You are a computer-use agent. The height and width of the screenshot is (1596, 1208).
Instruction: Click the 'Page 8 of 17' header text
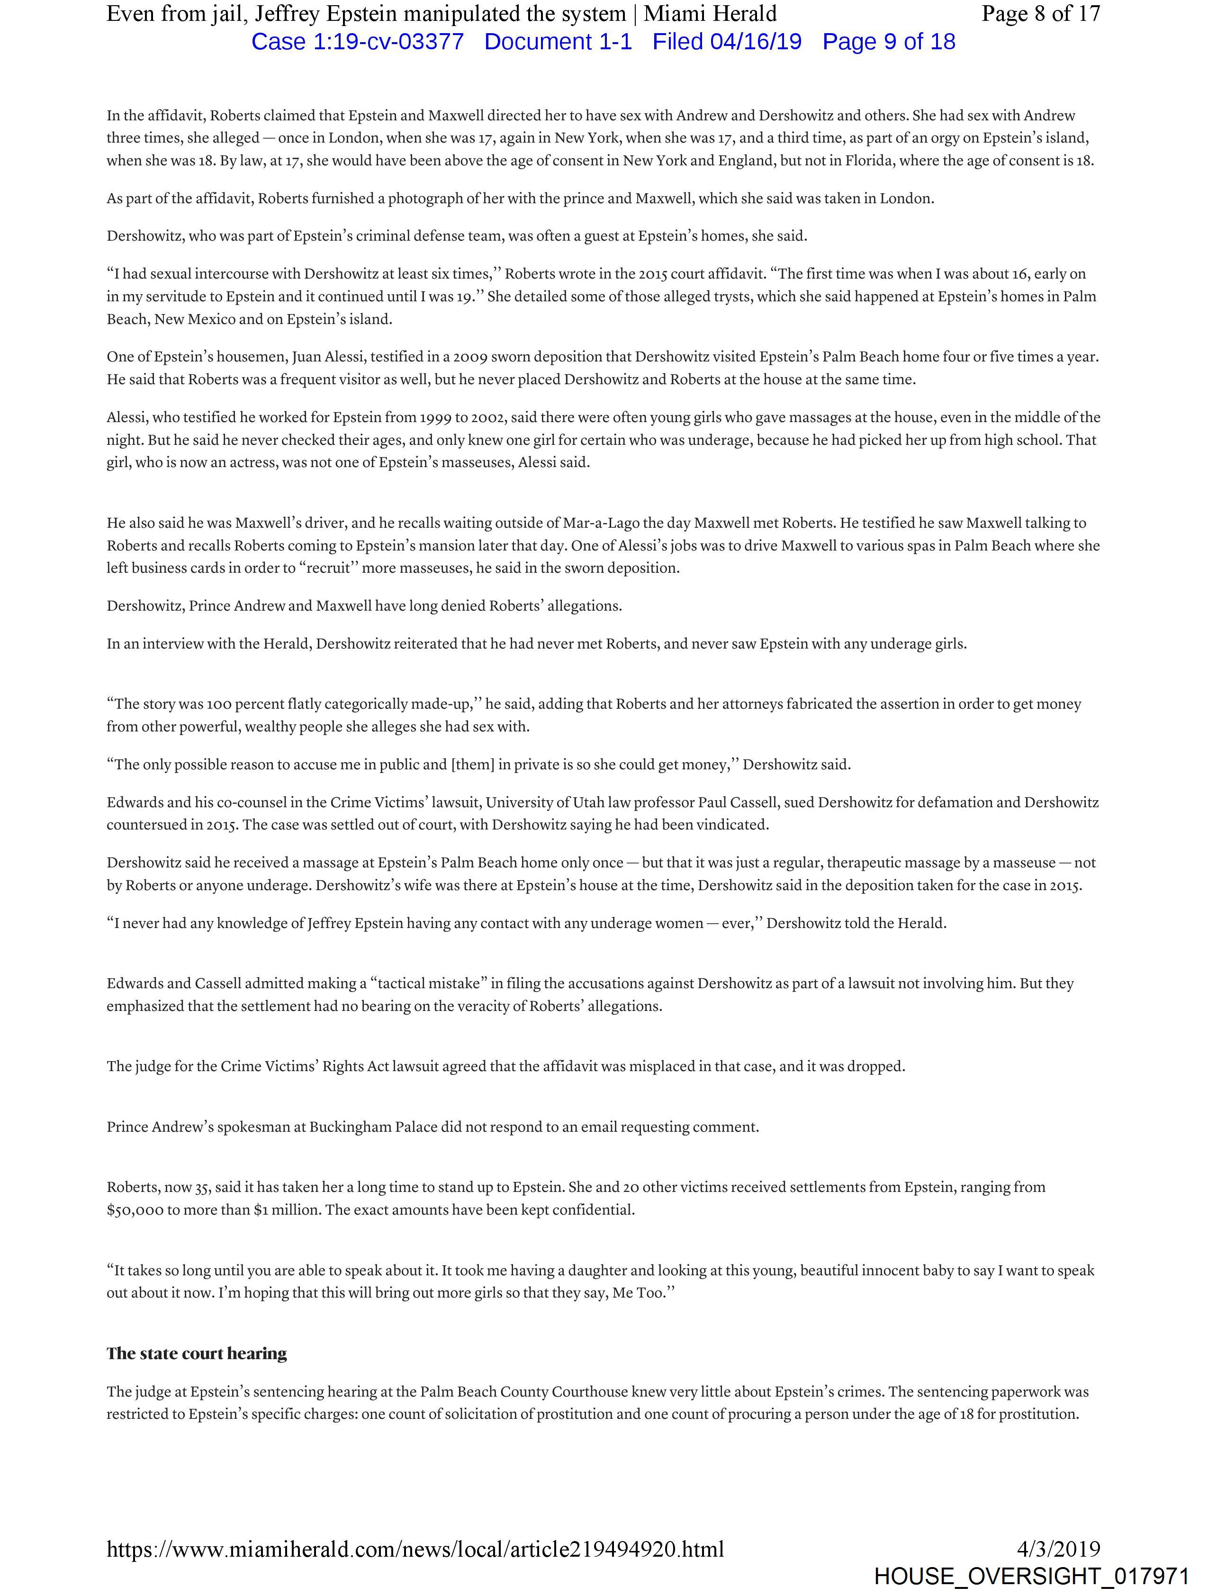coord(1041,14)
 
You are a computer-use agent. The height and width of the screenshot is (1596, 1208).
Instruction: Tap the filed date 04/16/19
coord(756,42)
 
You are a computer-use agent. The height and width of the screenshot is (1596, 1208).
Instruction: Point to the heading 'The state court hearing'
coord(196,1353)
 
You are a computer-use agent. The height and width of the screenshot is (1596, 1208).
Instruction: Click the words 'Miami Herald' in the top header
coord(710,14)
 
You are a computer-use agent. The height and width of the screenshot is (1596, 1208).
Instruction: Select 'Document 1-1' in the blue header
coord(558,42)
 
